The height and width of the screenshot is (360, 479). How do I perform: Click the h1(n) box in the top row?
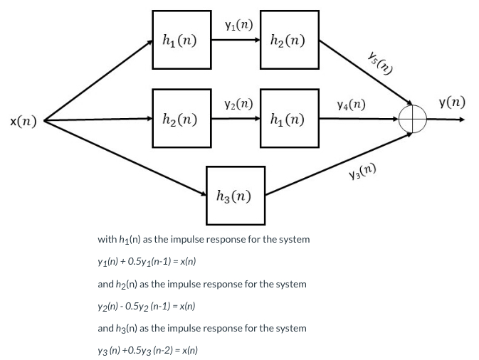(x=181, y=40)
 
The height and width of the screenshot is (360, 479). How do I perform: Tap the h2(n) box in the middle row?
(x=181, y=118)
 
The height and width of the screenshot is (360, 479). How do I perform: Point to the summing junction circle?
(x=414, y=119)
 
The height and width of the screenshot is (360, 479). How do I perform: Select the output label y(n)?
(x=452, y=102)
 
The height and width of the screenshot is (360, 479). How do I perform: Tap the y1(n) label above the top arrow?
(x=238, y=26)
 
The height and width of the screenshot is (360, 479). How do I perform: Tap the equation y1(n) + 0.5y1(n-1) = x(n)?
(x=147, y=261)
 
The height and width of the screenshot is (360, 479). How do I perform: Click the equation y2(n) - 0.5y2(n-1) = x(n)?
(x=147, y=306)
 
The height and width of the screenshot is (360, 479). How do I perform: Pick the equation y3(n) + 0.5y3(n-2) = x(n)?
(x=148, y=350)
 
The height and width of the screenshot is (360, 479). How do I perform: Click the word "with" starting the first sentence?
(x=107, y=239)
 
